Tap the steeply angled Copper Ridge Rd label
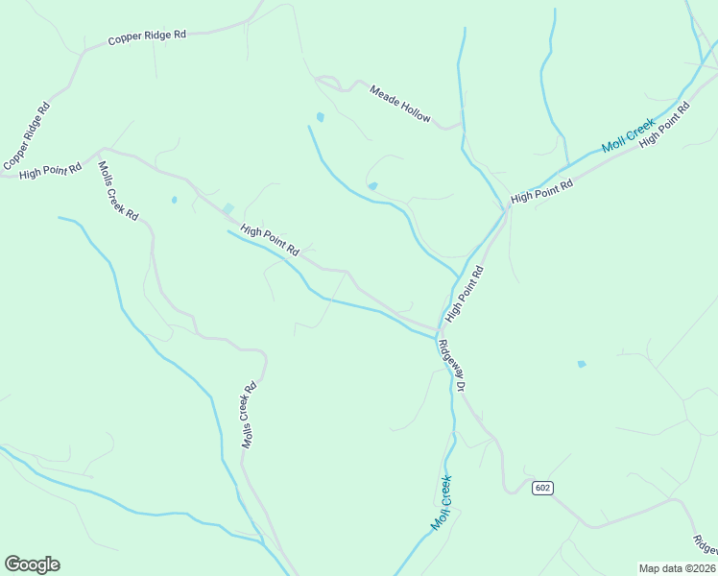(27, 136)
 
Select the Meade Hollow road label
(400, 103)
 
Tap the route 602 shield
(542, 488)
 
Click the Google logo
(32, 564)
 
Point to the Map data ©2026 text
(677, 568)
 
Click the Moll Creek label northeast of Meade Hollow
(628, 135)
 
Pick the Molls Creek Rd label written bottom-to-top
(249, 416)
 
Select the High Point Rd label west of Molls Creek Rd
(50, 171)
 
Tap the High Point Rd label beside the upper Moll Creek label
(665, 125)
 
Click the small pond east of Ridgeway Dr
(581, 364)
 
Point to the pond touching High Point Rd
(227, 208)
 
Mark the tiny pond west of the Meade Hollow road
(320, 117)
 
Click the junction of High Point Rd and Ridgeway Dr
(441, 329)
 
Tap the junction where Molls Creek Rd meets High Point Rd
(101, 151)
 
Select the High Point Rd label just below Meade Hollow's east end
(541, 190)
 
